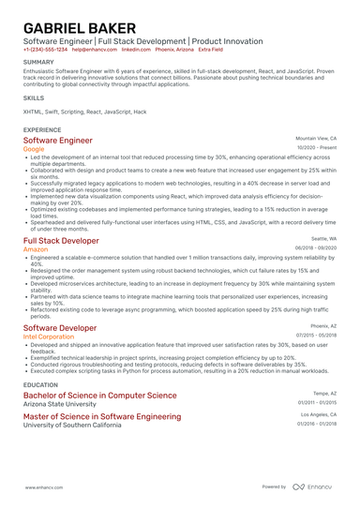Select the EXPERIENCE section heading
pyautogui.click(x=42, y=129)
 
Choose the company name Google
pyautogui.click(x=34, y=148)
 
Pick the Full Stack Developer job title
pyautogui.click(x=64, y=241)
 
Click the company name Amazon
pyautogui.click(x=37, y=249)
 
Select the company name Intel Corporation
pyautogui.click(x=49, y=335)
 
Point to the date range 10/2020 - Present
pyautogui.click(x=317, y=147)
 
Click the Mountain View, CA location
pyautogui.click(x=316, y=138)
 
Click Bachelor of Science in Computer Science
pyautogui.click(x=99, y=396)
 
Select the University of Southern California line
pyautogui.click(x=72, y=425)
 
